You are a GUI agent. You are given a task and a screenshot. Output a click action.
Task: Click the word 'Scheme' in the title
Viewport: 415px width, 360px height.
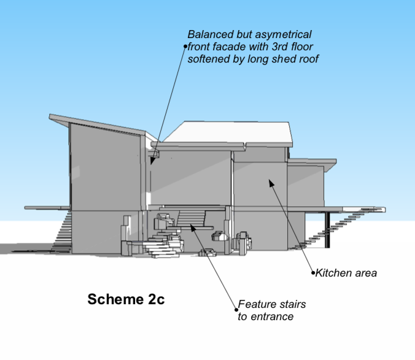click(x=114, y=300)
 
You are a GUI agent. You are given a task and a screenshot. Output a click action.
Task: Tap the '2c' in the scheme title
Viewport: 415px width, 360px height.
click(x=154, y=300)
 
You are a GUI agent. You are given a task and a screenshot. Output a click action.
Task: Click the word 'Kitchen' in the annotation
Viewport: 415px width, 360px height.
click(x=333, y=273)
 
